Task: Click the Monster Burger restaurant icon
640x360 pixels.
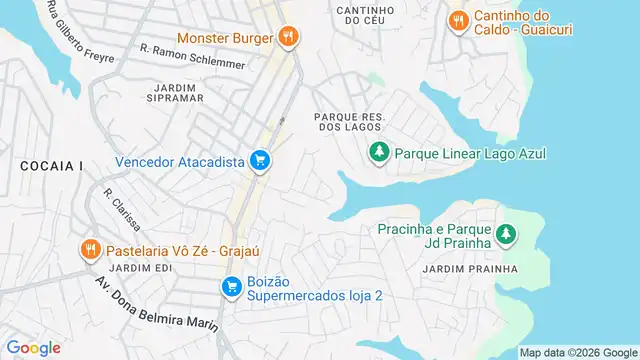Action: click(288, 37)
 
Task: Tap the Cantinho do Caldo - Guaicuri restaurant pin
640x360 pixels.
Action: click(458, 19)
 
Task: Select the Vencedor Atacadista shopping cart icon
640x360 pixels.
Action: click(260, 160)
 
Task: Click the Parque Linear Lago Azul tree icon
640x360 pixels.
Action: click(379, 153)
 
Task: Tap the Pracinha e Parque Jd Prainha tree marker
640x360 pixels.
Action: click(507, 234)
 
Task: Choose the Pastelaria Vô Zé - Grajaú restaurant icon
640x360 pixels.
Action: click(90, 249)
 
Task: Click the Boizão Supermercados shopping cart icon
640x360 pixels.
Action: click(231, 287)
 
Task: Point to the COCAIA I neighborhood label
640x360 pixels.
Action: click(49, 165)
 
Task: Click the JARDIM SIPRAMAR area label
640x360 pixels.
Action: click(164, 93)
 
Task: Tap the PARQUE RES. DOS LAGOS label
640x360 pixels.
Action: click(349, 122)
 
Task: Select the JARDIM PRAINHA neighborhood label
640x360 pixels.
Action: click(470, 269)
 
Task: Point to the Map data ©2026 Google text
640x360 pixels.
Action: click(578, 352)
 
